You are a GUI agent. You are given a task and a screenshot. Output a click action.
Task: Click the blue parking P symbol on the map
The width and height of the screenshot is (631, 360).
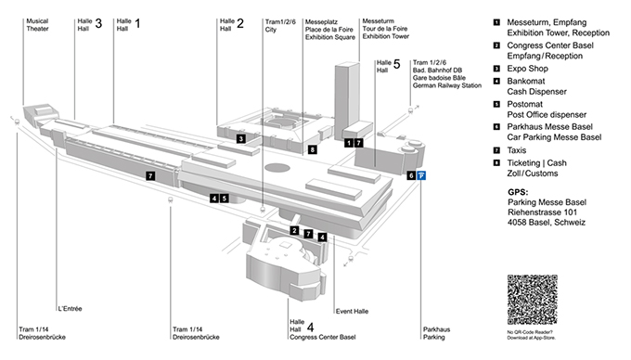pyautogui.click(x=421, y=175)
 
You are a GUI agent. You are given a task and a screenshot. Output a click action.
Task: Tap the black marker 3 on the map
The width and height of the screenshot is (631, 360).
pyautogui.click(x=241, y=139)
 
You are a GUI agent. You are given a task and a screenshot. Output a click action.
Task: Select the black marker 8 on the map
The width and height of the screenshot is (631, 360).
pyautogui.click(x=313, y=149)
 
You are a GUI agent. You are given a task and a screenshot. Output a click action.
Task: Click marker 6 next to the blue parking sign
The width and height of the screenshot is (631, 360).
pyautogui.click(x=411, y=175)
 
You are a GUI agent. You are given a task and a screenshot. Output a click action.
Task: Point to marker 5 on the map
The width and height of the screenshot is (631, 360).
pyautogui.click(x=225, y=198)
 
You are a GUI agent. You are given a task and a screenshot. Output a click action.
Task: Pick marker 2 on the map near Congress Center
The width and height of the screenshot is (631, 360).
pyautogui.click(x=294, y=230)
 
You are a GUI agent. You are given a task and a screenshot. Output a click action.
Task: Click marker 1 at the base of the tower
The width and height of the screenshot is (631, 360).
pyautogui.click(x=349, y=142)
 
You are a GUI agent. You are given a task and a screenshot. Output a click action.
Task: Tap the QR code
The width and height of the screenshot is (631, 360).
pyautogui.click(x=532, y=300)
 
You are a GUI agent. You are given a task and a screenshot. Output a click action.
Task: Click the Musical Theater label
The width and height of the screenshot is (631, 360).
pyautogui.click(x=37, y=24)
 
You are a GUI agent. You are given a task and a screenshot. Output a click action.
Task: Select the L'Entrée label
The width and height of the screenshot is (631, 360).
pyautogui.click(x=70, y=309)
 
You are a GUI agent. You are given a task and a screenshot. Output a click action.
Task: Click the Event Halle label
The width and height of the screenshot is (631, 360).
pyautogui.click(x=352, y=311)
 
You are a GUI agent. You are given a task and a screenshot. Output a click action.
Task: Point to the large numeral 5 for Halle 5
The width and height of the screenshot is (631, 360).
pyautogui.click(x=397, y=64)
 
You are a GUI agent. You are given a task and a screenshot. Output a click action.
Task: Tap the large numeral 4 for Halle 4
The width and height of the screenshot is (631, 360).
pyautogui.click(x=310, y=327)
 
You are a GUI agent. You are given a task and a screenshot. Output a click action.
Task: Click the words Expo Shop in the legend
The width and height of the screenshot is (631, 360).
pyautogui.click(x=528, y=69)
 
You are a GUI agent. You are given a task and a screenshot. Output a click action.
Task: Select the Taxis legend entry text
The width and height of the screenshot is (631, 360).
pyautogui.click(x=517, y=150)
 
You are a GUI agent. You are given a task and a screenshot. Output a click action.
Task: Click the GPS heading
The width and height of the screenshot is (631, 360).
pyautogui.click(x=518, y=192)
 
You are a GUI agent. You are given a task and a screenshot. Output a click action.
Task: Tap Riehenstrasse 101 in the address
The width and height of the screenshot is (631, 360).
pyautogui.click(x=543, y=212)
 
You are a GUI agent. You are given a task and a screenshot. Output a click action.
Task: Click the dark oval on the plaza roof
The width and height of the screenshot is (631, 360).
pyautogui.click(x=277, y=168)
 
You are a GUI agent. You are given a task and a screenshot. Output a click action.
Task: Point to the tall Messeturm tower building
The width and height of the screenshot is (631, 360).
pyautogui.click(x=347, y=100)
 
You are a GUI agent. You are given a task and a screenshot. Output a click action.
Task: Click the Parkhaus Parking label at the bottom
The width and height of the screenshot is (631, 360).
pyautogui.click(x=437, y=333)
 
